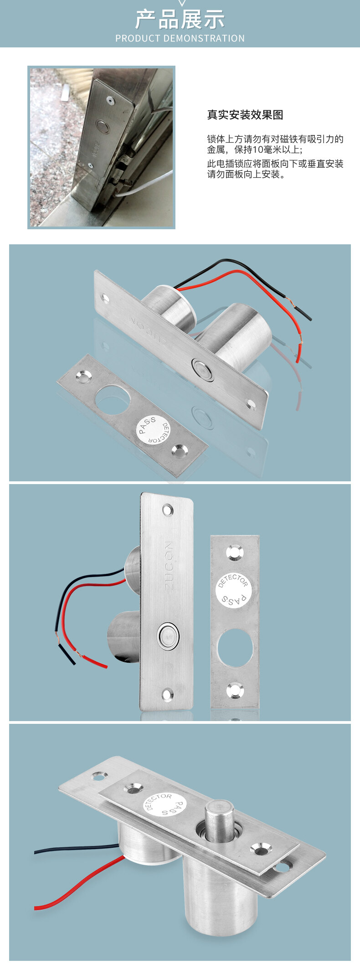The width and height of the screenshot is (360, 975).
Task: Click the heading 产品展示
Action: tap(180, 20)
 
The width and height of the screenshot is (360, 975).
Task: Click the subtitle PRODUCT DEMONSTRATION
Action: tap(180, 38)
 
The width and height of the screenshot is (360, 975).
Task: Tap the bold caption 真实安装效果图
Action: tap(245, 115)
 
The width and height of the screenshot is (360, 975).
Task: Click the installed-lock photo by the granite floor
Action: tap(101, 147)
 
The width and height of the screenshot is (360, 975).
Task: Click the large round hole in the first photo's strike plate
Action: tap(113, 400)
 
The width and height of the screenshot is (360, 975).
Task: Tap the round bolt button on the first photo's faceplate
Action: tap(203, 370)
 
